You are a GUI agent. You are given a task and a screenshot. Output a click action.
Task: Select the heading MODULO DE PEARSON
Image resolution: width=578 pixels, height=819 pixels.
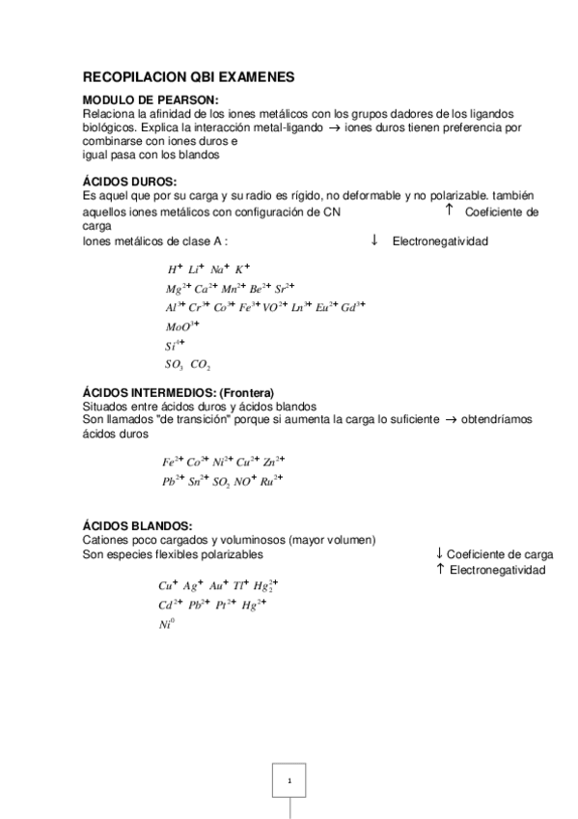click(151, 99)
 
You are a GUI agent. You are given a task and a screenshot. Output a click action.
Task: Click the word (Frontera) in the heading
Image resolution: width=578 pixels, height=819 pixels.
click(246, 392)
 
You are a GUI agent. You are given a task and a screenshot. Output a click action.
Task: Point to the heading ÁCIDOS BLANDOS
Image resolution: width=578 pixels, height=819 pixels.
click(137, 524)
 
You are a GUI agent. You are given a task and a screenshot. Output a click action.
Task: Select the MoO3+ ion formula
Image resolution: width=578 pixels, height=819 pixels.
click(183, 326)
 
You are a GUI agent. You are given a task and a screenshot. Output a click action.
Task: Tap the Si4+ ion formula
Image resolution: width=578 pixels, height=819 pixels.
click(175, 345)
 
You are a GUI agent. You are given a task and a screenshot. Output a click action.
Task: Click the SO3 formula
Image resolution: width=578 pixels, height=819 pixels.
click(175, 364)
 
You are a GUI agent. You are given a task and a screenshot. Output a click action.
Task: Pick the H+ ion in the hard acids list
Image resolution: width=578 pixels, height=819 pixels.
click(175, 269)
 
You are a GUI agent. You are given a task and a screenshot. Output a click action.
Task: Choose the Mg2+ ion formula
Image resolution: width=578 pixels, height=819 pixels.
click(178, 289)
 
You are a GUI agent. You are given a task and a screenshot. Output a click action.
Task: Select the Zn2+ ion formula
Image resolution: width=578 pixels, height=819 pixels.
click(274, 462)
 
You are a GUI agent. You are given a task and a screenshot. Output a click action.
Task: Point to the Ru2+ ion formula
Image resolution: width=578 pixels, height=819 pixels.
click(271, 480)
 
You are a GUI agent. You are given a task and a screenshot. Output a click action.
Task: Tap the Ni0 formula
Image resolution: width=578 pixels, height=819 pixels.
click(166, 624)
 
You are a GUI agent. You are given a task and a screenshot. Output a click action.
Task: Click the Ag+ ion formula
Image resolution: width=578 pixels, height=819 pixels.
click(194, 585)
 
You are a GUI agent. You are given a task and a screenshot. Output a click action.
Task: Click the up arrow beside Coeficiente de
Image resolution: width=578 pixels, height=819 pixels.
click(449, 211)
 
